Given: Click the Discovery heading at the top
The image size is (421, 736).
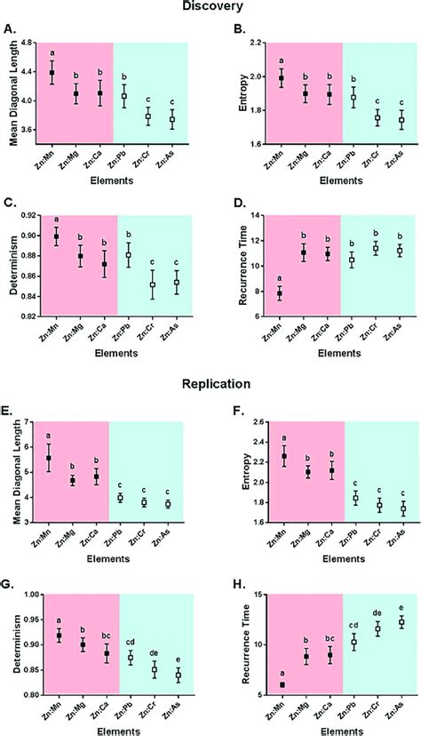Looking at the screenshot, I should point(210,8).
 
